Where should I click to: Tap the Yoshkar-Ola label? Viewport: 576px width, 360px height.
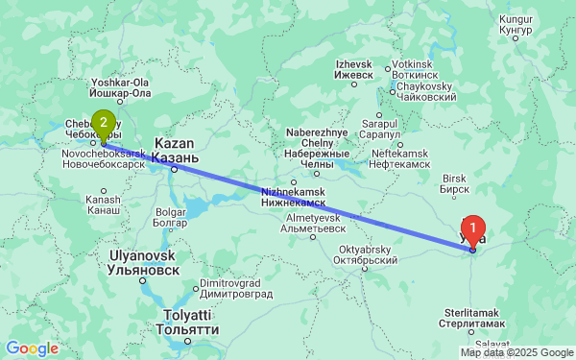click(119, 87)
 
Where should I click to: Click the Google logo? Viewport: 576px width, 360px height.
click(32, 348)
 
